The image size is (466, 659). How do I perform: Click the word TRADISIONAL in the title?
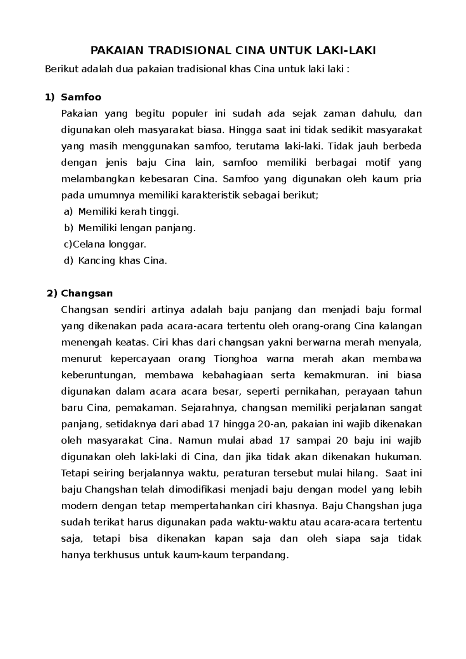click(x=183, y=50)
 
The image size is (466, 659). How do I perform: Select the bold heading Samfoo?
click(x=81, y=97)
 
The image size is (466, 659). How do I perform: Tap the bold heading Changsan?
click(x=87, y=293)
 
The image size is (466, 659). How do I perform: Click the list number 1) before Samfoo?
click(x=51, y=97)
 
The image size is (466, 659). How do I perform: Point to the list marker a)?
click(x=68, y=212)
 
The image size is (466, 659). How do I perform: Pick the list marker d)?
click(x=68, y=260)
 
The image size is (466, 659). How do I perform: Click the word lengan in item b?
click(x=136, y=228)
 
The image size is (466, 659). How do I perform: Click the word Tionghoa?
click(x=235, y=359)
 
